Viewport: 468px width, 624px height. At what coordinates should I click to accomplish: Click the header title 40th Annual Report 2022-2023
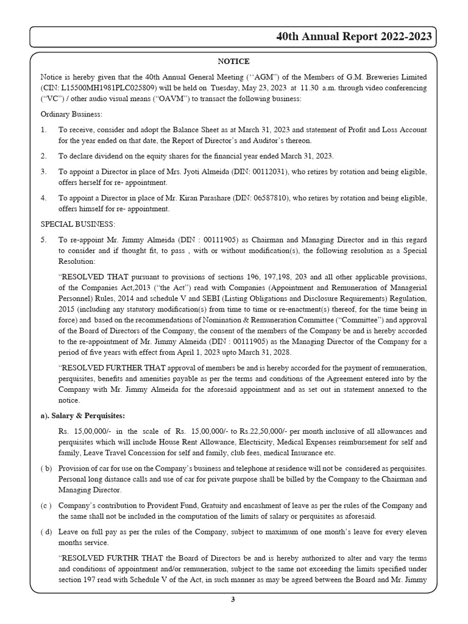pos(354,37)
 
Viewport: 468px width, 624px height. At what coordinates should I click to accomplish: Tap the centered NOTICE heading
pos(233,61)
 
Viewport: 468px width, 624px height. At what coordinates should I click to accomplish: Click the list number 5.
pos(43,240)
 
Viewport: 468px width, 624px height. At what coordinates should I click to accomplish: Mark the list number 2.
pos(43,156)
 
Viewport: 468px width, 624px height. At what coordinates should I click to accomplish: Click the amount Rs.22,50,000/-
pos(258,431)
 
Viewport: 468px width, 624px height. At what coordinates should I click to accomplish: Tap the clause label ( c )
pos(46,505)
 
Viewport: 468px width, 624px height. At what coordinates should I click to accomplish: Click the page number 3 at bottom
pos(233,599)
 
